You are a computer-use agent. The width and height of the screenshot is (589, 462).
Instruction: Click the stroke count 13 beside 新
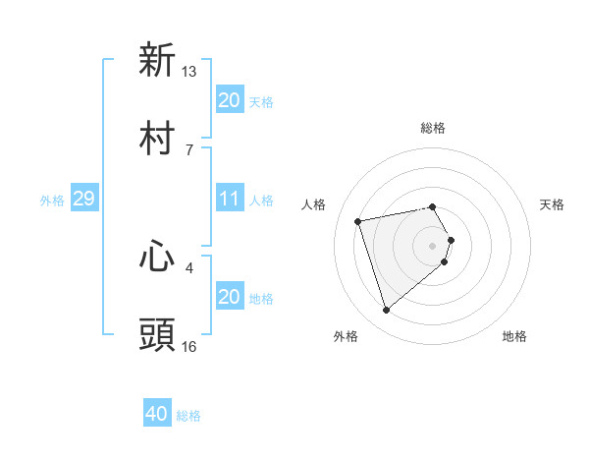(189, 72)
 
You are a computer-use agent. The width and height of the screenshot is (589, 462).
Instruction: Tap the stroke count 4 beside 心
(189, 266)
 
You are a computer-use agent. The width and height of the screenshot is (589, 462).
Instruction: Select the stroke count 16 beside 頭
(189, 346)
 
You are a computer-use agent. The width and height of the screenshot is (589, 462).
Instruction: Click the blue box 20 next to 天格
(229, 100)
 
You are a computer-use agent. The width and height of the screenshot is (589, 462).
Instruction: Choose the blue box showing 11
(229, 200)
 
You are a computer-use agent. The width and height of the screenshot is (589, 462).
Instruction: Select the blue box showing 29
(83, 200)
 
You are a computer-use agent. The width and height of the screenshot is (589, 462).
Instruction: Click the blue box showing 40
(157, 415)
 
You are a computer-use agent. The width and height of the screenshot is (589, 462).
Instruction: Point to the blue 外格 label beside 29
(52, 201)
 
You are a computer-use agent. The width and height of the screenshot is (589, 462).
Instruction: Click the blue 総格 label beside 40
(188, 416)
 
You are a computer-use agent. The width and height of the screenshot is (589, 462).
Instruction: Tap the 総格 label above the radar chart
(433, 129)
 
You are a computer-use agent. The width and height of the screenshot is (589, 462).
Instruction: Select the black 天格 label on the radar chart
(553, 204)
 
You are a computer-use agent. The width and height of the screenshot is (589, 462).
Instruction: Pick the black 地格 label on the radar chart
(514, 336)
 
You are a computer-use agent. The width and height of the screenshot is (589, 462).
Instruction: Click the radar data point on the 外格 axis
(387, 311)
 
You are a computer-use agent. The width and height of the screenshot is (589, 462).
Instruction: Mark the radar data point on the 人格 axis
(358, 220)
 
